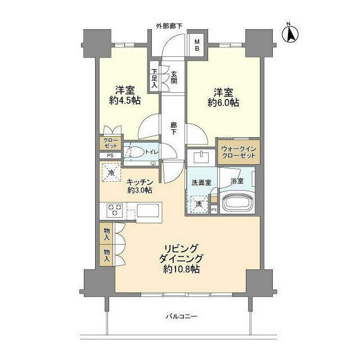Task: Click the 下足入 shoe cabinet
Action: click(x=155, y=78)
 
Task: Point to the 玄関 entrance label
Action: click(x=174, y=78)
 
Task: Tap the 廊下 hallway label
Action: click(x=174, y=128)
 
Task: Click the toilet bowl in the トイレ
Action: click(x=135, y=152)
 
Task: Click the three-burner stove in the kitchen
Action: click(x=115, y=211)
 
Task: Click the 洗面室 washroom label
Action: click(x=201, y=183)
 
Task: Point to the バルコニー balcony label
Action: click(x=181, y=317)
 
